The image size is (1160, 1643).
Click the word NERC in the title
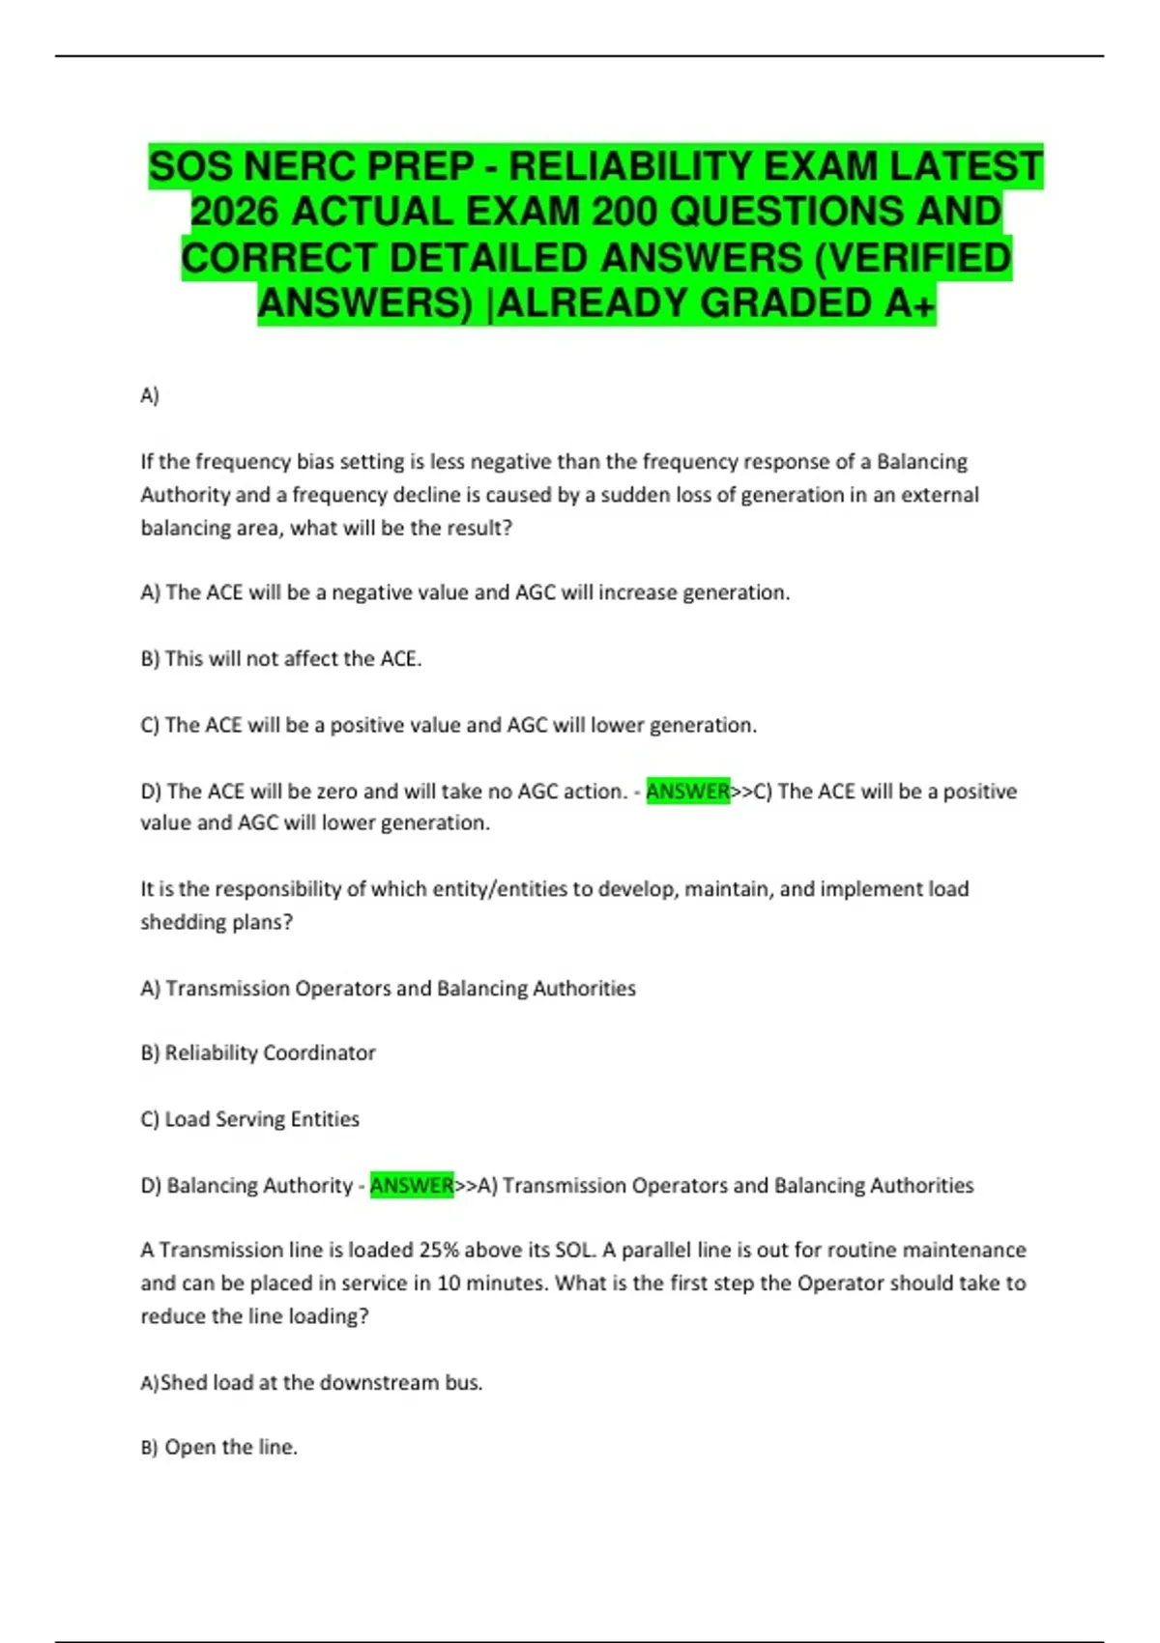[302, 166]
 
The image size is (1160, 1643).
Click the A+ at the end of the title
[910, 303]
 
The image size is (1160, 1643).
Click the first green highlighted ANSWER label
[687, 792]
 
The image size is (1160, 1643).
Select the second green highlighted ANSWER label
[412, 1186]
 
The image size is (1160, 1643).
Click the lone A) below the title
[150, 395]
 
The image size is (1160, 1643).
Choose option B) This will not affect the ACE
[281, 659]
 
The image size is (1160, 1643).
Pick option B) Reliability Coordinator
[258, 1053]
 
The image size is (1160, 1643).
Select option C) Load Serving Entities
[250, 1119]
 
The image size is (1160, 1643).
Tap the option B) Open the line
[219, 1448]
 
